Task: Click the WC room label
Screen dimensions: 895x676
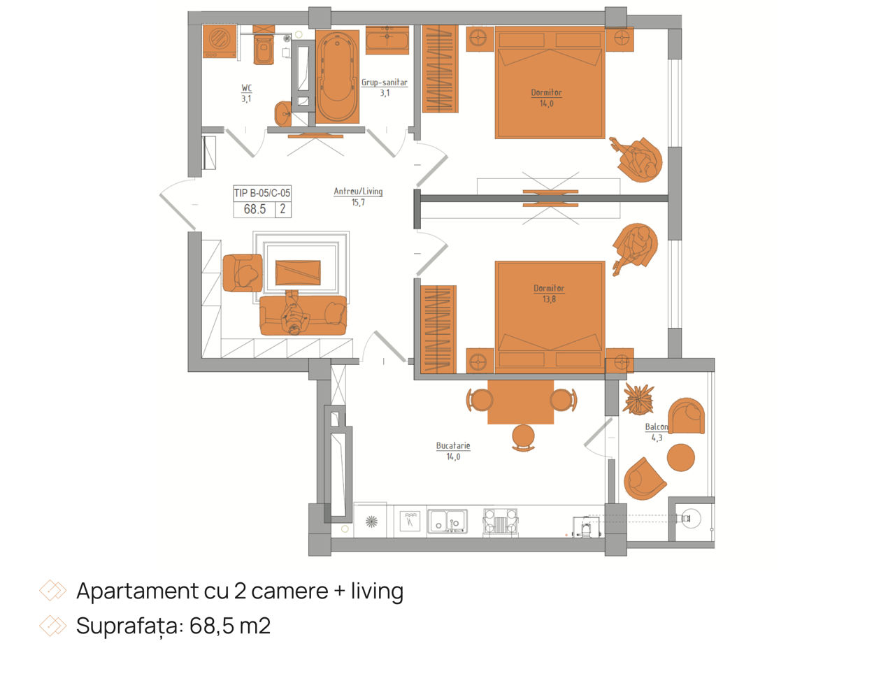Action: tap(246, 87)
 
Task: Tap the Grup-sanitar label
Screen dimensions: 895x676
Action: tap(384, 82)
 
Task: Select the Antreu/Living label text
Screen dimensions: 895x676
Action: tap(358, 191)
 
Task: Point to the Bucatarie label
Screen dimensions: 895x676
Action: tap(452, 446)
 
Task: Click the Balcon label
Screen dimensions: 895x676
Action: tap(656, 426)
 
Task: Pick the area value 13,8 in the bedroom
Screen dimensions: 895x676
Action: tap(548, 299)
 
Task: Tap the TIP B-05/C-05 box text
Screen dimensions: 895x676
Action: tap(262, 193)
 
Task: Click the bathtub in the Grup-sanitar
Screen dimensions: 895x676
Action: tap(337, 76)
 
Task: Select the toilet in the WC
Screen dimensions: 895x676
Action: tap(264, 49)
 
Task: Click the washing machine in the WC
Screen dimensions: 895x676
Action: tap(220, 41)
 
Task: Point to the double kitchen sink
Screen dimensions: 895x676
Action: tap(447, 522)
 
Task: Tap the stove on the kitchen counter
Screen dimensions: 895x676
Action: tap(500, 522)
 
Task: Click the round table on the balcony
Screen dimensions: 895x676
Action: tap(680, 457)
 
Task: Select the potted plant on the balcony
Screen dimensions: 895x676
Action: tap(638, 398)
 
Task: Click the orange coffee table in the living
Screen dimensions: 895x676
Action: tap(298, 273)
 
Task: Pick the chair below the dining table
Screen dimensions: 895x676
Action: tap(523, 438)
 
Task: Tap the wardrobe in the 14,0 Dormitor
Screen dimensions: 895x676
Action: tap(440, 69)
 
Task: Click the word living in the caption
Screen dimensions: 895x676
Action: tap(377, 591)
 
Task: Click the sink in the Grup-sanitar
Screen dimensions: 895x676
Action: tap(387, 40)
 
